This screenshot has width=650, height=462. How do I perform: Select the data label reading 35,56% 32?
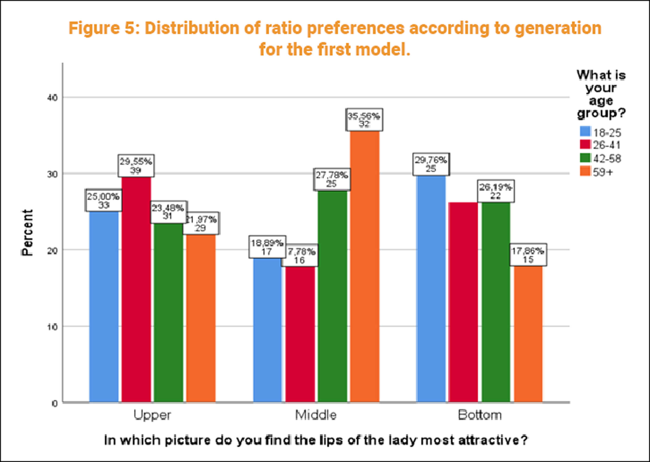coord(364,120)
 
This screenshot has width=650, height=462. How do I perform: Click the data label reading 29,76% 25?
coord(431,164)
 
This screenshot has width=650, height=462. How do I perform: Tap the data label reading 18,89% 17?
coord(267,247)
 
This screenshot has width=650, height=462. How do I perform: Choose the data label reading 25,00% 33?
coord(103,201)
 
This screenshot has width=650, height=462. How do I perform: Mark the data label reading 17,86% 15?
coord(528,255)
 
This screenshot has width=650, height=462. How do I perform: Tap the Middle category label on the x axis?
coord(316,415)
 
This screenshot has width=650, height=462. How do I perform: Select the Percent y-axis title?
coord(28,233)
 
